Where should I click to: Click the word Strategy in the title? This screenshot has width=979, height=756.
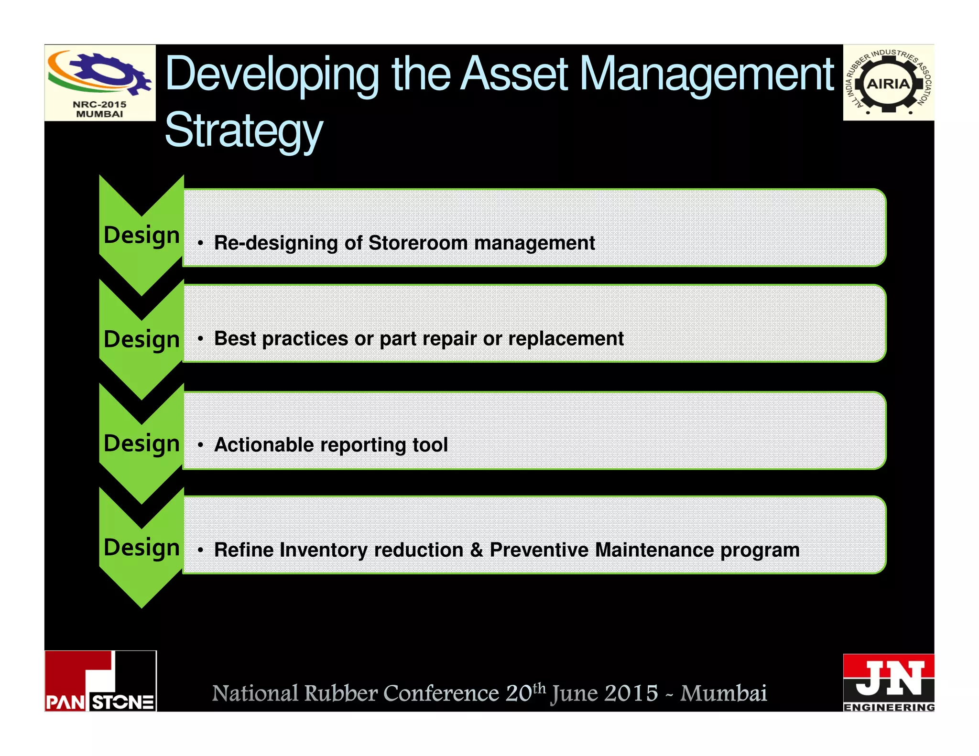tap(244, 130)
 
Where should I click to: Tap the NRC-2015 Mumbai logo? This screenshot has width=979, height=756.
tap(100, 83)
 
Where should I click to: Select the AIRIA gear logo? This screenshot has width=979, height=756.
tap(888, 83)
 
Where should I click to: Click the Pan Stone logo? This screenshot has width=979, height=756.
tap(100, 680)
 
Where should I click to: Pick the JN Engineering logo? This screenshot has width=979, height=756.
tap(888, 682)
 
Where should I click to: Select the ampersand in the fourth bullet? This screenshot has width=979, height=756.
tap(477, 550)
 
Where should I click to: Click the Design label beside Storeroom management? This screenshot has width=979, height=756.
tap(141, 235)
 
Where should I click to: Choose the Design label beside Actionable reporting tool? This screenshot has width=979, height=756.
tap(141, 443)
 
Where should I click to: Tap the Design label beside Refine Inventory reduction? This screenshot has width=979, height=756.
tap(141, 547)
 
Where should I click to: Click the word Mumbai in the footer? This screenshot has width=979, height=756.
tap(723, 693)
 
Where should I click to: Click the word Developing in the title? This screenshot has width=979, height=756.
tap(272, 75)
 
